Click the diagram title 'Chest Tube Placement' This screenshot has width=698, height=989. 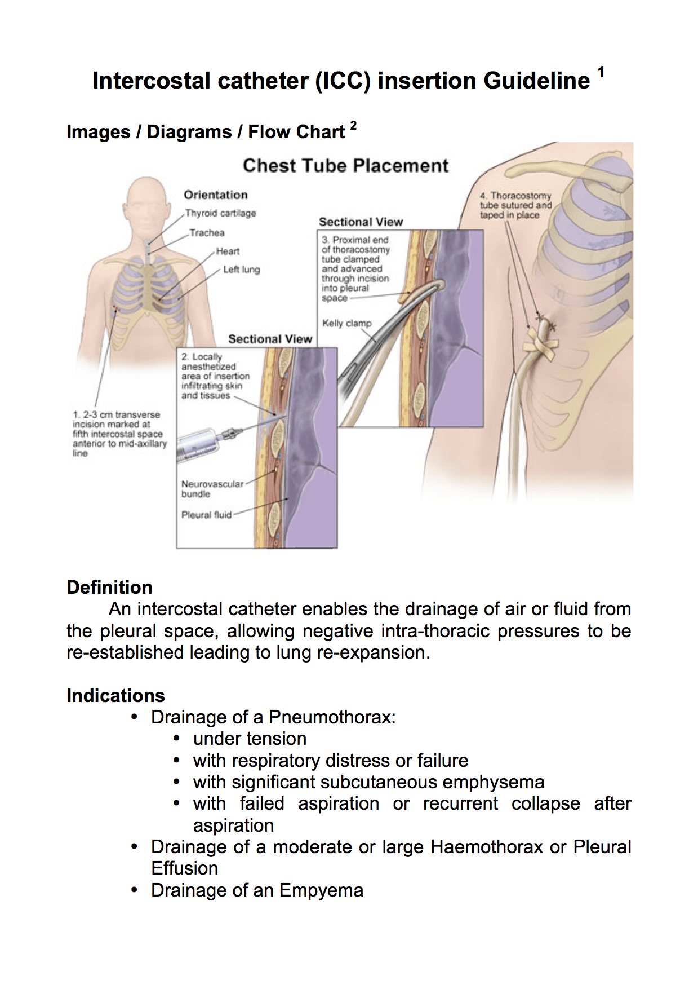tap(345, 166)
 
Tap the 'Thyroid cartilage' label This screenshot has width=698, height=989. tap(221, 213)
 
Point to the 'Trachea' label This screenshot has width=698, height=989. tap(207, 233)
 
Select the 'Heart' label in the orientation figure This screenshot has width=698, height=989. tap(228, 251)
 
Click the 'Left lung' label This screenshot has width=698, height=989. tap(241, 270)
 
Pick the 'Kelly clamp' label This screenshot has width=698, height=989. tap(347, 323)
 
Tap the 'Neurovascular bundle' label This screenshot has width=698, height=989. tap(212, 489)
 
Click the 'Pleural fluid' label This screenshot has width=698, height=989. tap(206, 515)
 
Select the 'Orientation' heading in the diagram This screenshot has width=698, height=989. tap(216, 195)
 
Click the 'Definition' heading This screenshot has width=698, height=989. tap(109, 588)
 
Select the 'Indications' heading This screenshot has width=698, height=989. tap(115, 696)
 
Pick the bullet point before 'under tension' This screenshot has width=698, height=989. tap(177, 739)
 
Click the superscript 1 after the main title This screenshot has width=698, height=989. tap(601, 72)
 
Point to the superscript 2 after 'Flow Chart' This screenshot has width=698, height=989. tap(353, 125)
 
